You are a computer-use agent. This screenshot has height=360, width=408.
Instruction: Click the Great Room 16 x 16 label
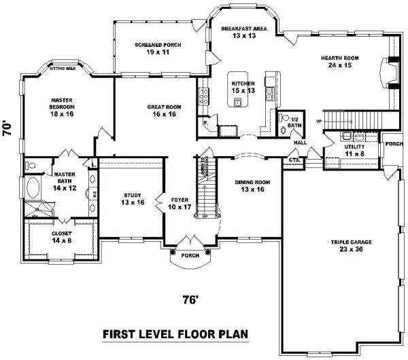[x=163, y=110]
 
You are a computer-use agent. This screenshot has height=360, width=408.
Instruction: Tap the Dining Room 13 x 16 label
[x=248, y=185]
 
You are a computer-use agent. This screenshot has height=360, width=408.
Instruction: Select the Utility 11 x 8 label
[x=354, y=149]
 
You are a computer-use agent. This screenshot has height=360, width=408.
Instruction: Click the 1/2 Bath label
[x=294, y=122]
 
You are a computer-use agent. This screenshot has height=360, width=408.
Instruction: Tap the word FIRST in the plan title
[x=120, y=334]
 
